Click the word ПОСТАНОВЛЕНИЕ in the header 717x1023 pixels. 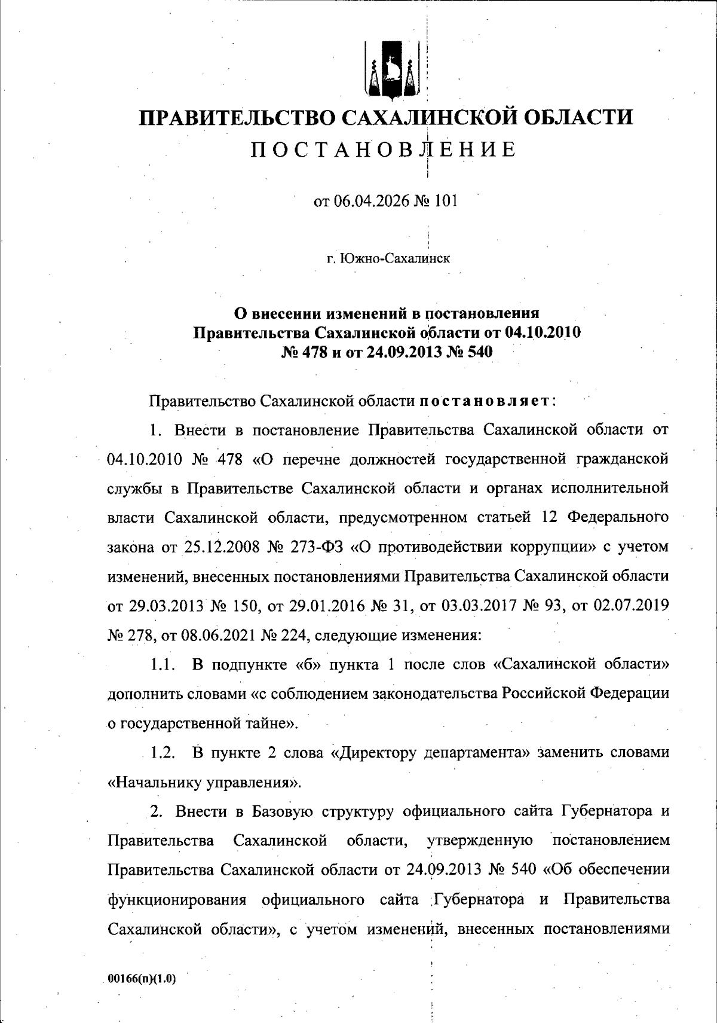pyautogui.click(x=382, y=149)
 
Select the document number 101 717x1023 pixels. pyautogui.click(x=446, y=201)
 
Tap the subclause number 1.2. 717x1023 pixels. pyautogui.click(x=162, y=752)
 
